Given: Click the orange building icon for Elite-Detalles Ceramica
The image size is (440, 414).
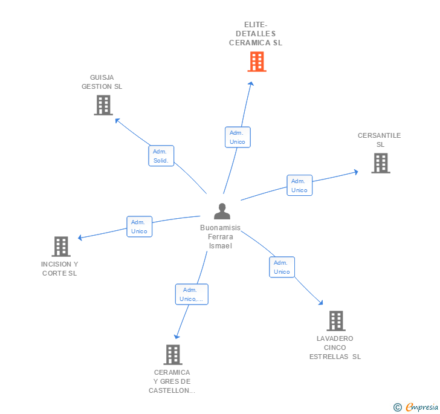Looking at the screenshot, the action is click(x=257, y=62).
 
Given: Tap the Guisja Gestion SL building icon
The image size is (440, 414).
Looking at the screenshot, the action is click(x=103, y=105).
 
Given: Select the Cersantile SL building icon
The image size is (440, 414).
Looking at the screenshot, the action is click(x=380, y=163).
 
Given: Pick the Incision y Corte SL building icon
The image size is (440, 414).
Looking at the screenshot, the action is click(x=61, y=247).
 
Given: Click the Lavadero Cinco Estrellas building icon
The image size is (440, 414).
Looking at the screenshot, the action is click(x=336, y=321).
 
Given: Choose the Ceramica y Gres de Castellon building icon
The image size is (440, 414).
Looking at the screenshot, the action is click(x=173, y=355).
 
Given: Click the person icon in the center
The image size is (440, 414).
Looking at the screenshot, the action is click(x=222, y=212).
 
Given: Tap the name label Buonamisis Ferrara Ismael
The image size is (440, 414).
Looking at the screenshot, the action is click(x=221, y=237).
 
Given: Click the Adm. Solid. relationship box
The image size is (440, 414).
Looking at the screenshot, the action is click(x=161, y=156).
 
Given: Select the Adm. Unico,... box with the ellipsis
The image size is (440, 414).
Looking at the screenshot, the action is click(x=192, y=294).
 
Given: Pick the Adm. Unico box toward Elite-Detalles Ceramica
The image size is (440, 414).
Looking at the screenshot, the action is click(x=238, y=137).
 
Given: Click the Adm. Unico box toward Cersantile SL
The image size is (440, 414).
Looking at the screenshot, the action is click(x=299, y=186).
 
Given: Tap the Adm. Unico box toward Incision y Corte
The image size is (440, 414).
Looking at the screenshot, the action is click(x=140, y=227).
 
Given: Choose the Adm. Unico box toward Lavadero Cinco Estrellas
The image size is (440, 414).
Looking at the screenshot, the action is click(x=282, y=267).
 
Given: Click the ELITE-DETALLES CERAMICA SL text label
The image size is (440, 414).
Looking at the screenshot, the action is click(x=256, y=34).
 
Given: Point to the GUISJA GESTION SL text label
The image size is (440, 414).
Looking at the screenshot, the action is click(x=102, y=82).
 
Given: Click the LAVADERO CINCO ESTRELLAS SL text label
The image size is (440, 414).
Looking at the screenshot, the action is click(x=335, y=348).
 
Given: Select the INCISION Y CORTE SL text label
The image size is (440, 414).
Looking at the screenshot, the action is click(x=59, y=268).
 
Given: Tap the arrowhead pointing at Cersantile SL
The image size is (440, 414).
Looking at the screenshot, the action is click(x=356, y=172).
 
